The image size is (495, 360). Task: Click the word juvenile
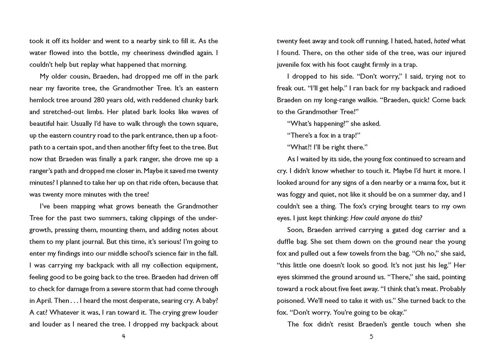click(290, 65)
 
